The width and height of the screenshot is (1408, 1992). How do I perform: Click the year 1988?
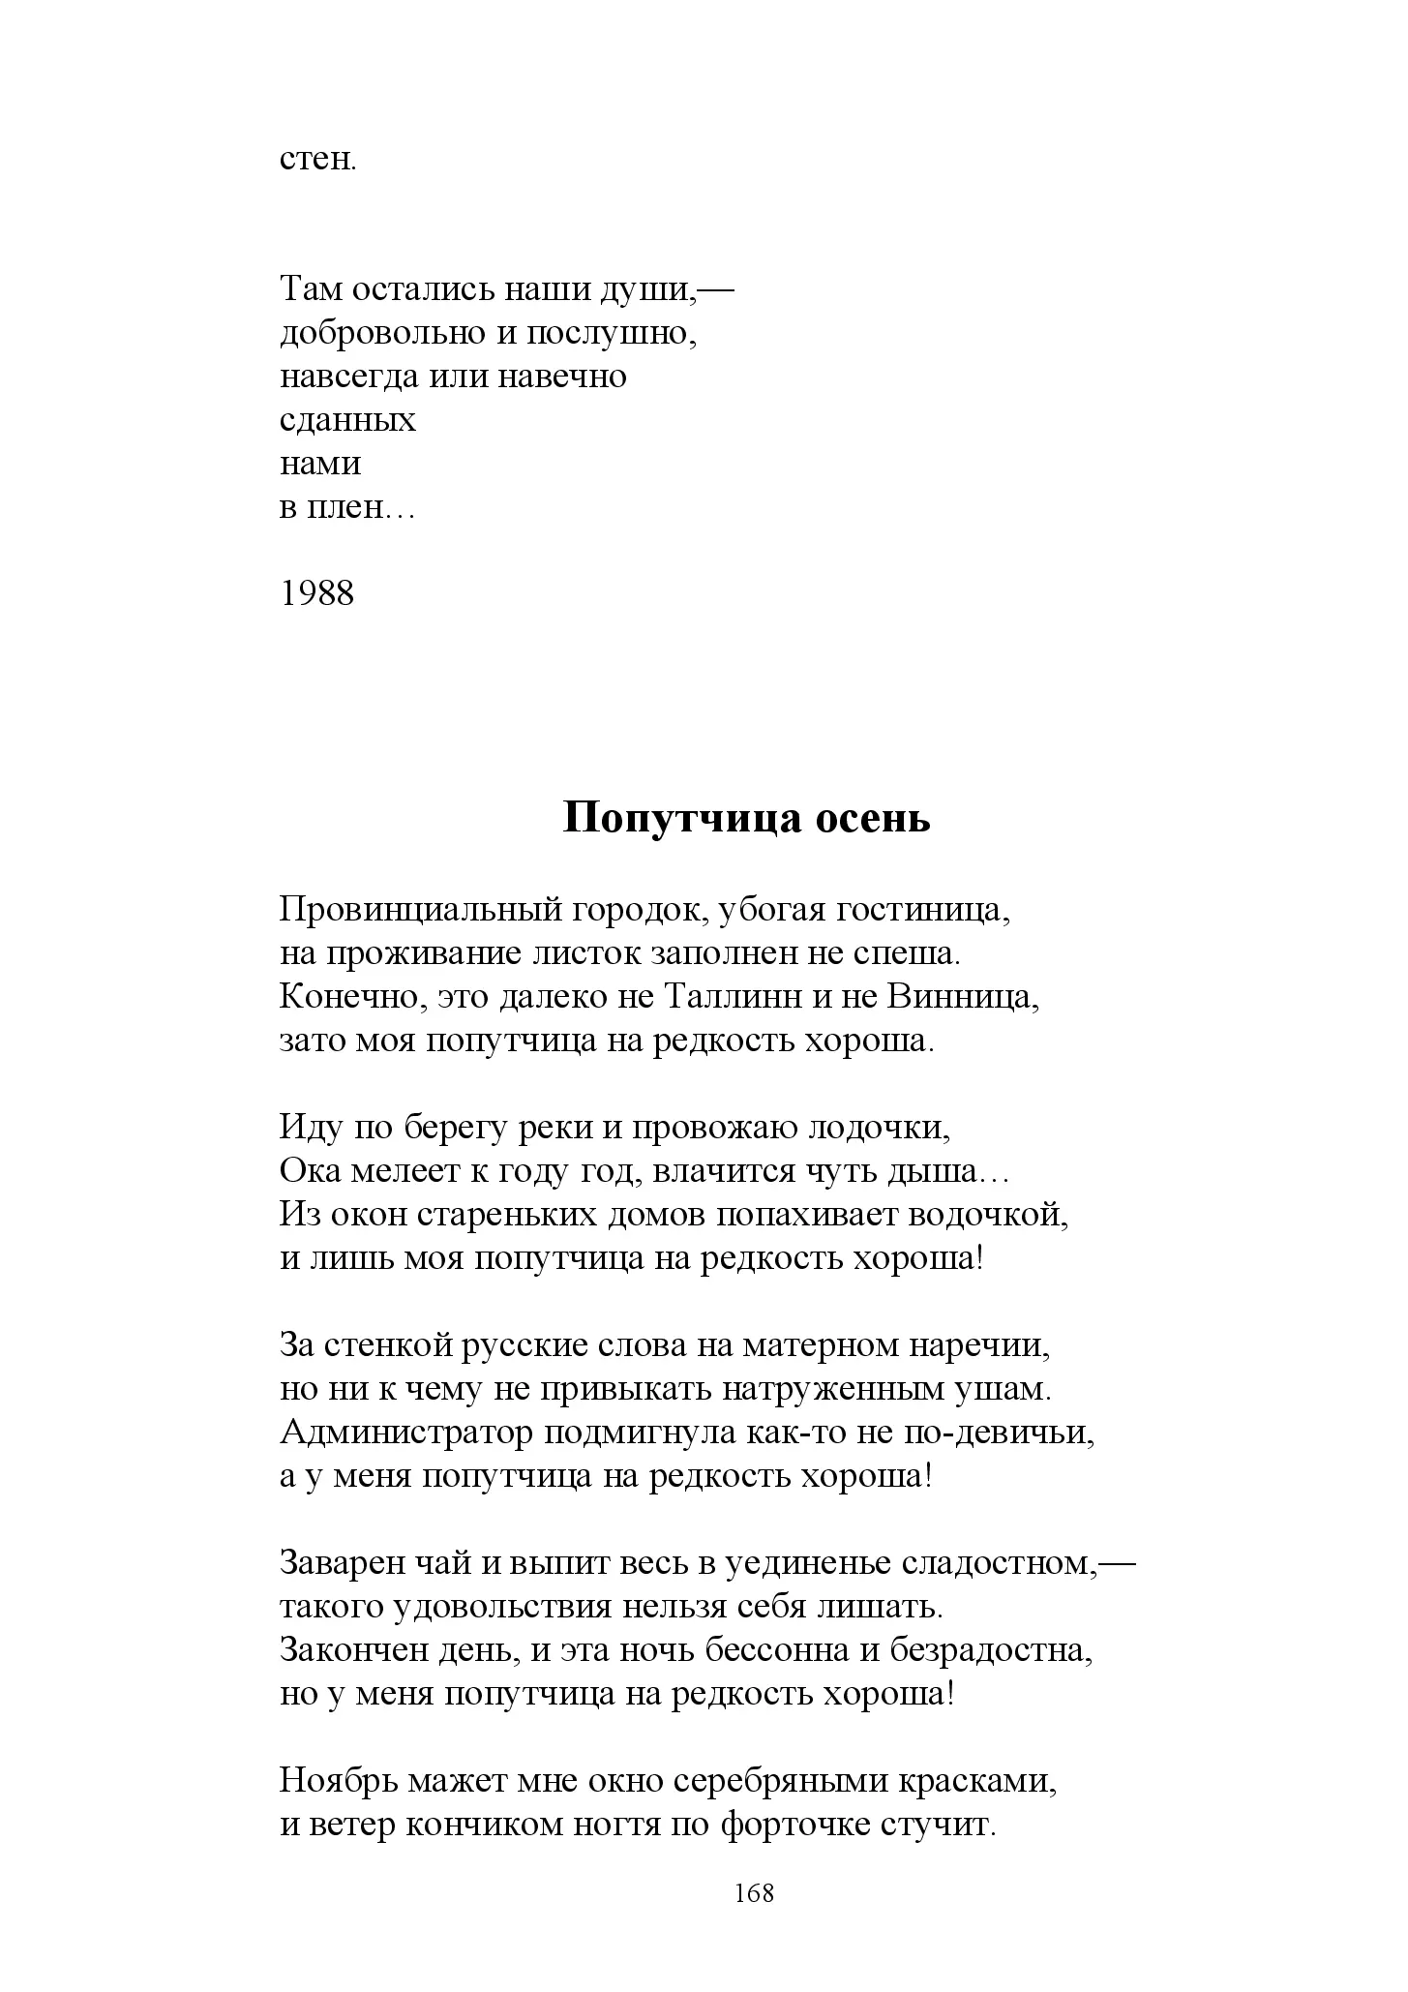pos(317,592)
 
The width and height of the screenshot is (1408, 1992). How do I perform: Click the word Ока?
pos(307,1171)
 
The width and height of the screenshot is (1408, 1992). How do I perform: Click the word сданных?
pos(347,421)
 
